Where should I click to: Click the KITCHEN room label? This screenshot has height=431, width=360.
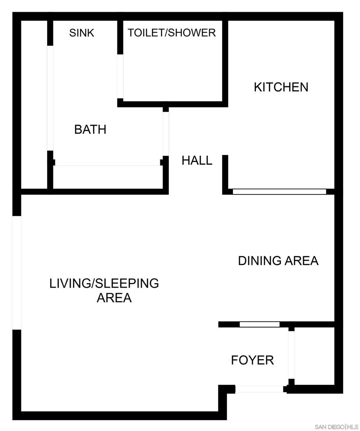coord(281,87)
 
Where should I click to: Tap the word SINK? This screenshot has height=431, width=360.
coord(82,33)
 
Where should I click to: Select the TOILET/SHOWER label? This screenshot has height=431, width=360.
coord(172,33)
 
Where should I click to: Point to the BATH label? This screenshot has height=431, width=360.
coord(90,129)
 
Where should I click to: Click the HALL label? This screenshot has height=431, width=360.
coord(197,160)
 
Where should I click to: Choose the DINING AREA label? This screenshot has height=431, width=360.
coord(278,261)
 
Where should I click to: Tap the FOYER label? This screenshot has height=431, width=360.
coord(253,360)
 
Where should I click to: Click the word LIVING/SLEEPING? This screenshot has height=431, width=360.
coord(104,283)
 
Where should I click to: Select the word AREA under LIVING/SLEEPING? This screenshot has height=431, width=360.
coord(114,298)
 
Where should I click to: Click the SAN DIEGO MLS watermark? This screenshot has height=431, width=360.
coord(336,427)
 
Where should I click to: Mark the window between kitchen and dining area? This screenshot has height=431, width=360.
coord(280,192)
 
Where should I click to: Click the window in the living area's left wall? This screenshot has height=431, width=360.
coord(17,273)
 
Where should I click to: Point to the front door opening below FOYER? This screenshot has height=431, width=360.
coord(259,389)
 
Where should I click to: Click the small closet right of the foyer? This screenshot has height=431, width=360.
coord(315,356)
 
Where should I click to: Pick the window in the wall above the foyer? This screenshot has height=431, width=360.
coord(260,325)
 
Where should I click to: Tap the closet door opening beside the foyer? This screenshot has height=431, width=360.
coord(291,355)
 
